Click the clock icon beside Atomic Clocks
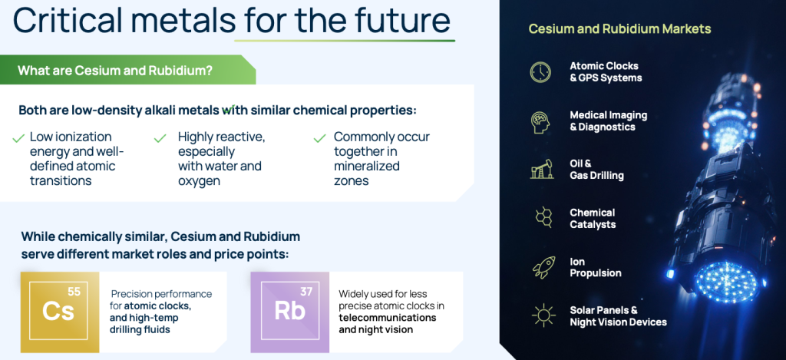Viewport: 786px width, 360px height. [540, 72]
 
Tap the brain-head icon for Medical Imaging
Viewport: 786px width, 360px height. [540, 122]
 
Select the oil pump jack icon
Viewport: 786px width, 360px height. [541, 170]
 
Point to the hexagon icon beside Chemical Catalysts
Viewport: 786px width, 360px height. [543, 219]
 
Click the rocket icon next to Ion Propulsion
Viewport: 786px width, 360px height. [543, 267]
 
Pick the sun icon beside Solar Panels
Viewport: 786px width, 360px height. [543, 316]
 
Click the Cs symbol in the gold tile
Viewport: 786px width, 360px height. [58, 311]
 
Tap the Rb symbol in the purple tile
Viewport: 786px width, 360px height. [289, 312]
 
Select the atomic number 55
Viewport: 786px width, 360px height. [74, 292]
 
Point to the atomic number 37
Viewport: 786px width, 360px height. [305, 292]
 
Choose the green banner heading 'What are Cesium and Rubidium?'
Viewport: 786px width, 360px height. [115, 70]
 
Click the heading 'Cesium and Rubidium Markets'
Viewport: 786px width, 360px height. [619, 28]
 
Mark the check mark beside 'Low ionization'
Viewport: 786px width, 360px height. [18, 138]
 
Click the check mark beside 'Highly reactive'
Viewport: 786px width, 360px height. [160, 138]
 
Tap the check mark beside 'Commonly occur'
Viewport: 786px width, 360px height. [319, 138]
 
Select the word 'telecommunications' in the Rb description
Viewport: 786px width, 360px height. [388, 318]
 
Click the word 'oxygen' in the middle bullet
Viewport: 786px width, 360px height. [199, 181]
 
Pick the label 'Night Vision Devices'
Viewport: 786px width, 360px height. [618, 322]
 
